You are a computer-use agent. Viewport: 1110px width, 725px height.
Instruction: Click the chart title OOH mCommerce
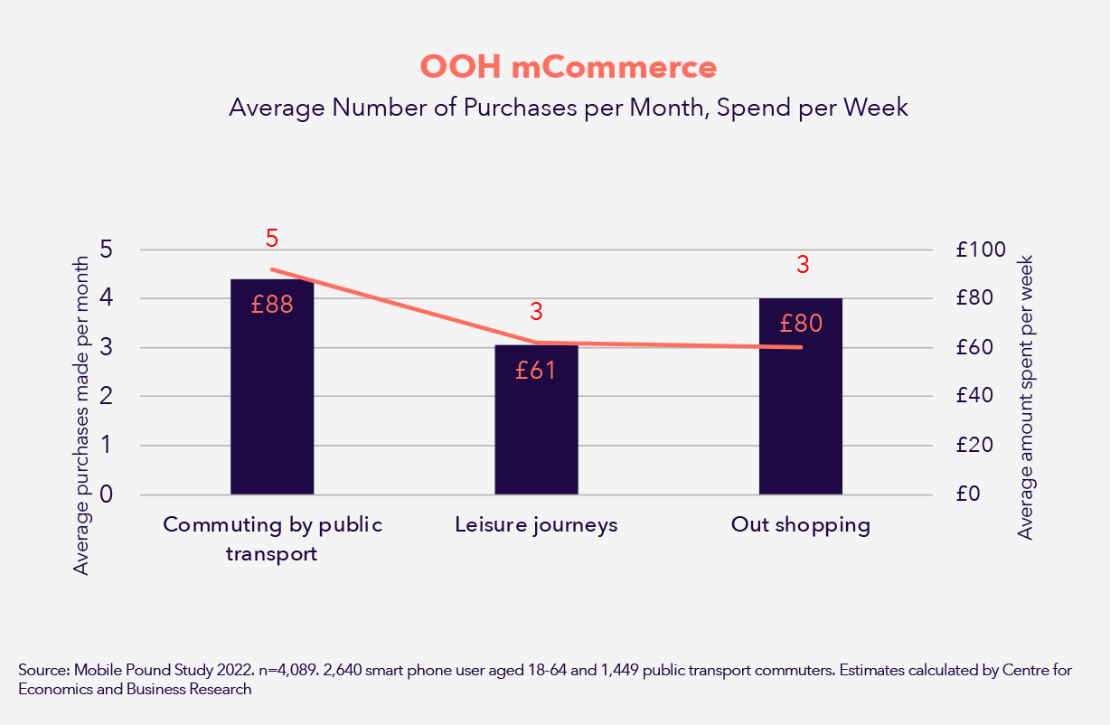pyautogui.click(x=568, y=68)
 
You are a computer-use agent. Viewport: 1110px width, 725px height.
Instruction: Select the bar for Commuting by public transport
pyautogui.click(x=272, y=407)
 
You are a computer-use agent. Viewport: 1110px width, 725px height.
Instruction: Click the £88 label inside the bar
pyautogui.click(x=272, y=305)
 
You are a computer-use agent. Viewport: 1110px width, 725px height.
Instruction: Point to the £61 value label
pyautogui.click(x=536, y=370)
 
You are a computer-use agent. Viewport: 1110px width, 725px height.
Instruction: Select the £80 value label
pyautogui.click(x=800, y=323)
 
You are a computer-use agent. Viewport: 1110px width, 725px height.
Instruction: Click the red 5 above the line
pyautogui.click(x=272, y=239)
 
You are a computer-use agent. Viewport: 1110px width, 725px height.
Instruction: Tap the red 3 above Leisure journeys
pyautogui.click(x=536, y=313)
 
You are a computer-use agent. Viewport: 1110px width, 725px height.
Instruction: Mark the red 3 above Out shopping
pyautogui.click(x=803, y=265)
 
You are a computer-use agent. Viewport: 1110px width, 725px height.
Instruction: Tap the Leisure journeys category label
pyautogui.click(x=536, y=525)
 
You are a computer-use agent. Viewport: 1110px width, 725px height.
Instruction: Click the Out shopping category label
pyautogui.click(x=800, y=525)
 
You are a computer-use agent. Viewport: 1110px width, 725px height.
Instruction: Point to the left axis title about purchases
pyautogui.click(x=81, y=415)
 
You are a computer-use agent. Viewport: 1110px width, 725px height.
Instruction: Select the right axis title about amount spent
pyautogui.click(x=1025, y=397)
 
